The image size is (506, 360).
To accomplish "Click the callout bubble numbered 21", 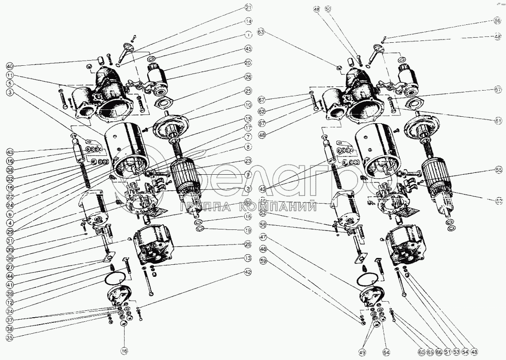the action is coord(248,8).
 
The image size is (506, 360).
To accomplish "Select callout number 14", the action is coord(248,21).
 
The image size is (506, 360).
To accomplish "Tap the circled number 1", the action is coord(248,34).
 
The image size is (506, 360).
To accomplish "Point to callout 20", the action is coord(248,63).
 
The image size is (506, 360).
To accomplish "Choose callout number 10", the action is coord(248,104).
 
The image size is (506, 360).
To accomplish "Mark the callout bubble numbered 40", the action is coord(10,65).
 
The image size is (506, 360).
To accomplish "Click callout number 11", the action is coord(10,74).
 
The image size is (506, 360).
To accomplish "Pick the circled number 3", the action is coord(10,92).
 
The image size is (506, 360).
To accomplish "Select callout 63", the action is coord(261,32).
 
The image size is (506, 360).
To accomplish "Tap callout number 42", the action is coord(248,272).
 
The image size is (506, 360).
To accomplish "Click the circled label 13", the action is coord(248,258).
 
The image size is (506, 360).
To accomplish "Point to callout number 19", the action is coord(248,230).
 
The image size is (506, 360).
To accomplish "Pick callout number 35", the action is coord(10,337).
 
